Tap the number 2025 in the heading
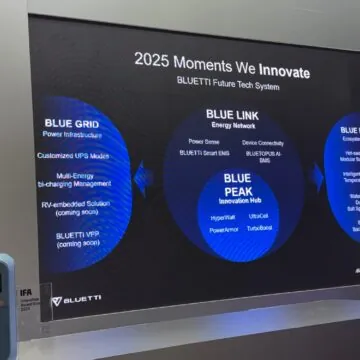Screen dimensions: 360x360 click(157, 60)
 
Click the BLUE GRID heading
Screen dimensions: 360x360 click(69, 124)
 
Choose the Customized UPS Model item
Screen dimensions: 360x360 click(74, 156)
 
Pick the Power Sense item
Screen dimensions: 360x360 click(204, 142)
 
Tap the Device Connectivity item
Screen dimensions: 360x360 click(262, 142)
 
